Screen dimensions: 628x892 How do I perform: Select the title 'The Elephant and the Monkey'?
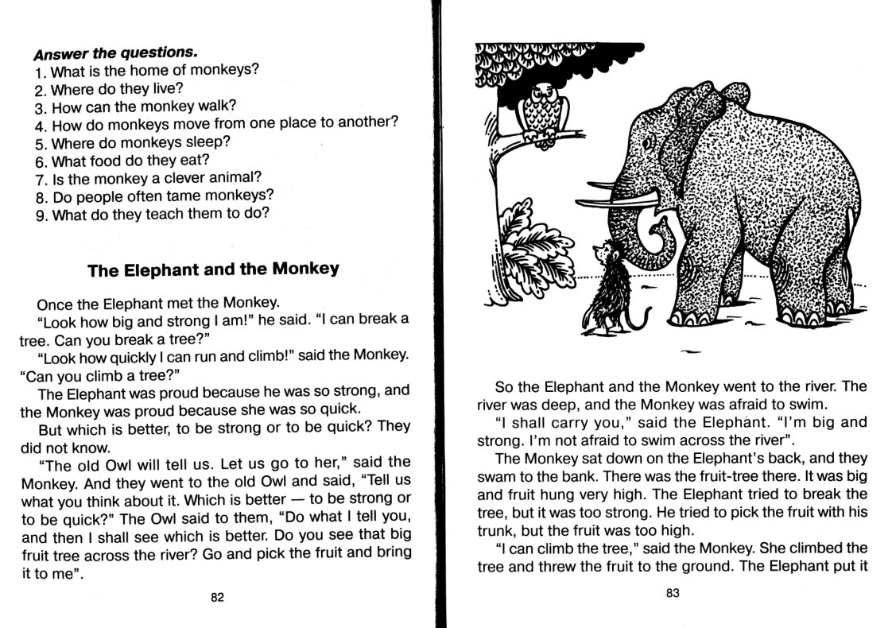pyautogui.click(x=213, y=269)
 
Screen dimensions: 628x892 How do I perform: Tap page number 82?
pyautogui.click(x=217, y=598)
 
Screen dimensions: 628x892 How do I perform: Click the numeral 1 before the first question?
pyautogui.click(x=39, y=72)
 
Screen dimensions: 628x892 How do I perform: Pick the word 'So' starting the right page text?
pyautogui.click(x=503, y=387)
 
